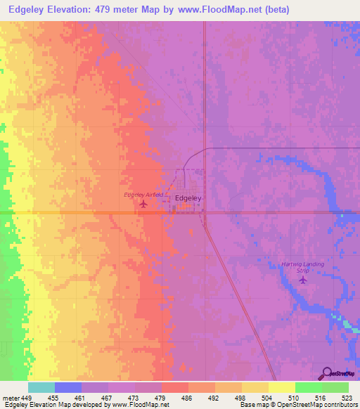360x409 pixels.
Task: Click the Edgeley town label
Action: (188, 198)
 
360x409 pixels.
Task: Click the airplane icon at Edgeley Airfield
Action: (144, 204)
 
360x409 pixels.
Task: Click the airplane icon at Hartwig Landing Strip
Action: (303, 280)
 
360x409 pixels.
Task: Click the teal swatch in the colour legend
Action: (41, 387)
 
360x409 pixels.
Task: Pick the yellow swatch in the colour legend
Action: (281, 387)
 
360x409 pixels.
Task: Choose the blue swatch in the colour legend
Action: (68, 387)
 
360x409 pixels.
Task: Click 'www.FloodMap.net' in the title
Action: (217, 10)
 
